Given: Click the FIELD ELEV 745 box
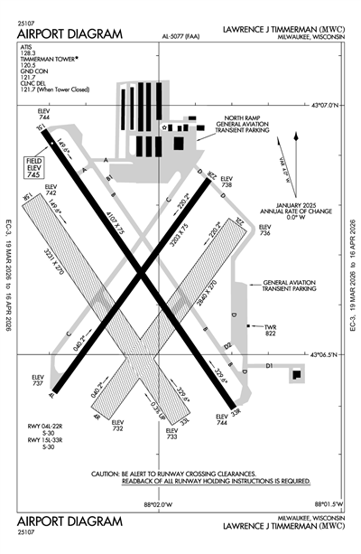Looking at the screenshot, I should [x=31, y=165].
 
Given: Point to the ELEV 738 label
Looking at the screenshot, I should [x=227, y=181].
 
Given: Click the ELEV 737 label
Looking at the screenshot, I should [x=37, y=381].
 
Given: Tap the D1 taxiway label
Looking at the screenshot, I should [x=269, y=365].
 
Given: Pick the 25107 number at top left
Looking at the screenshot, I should [x=28, y=24].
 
